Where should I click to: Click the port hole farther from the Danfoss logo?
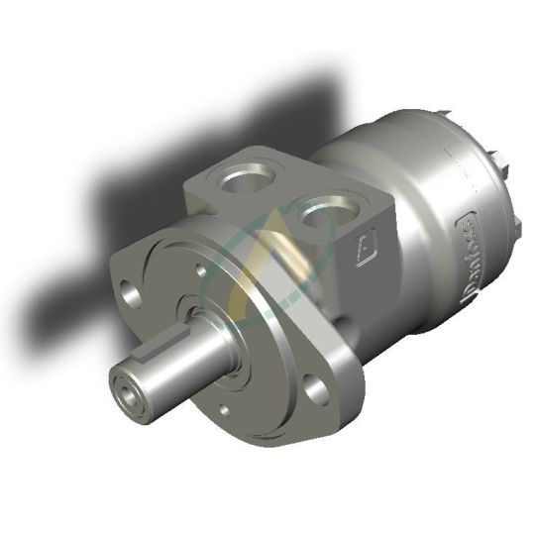[x=248, y=179]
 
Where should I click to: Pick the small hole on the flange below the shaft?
[x=223, y=407]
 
